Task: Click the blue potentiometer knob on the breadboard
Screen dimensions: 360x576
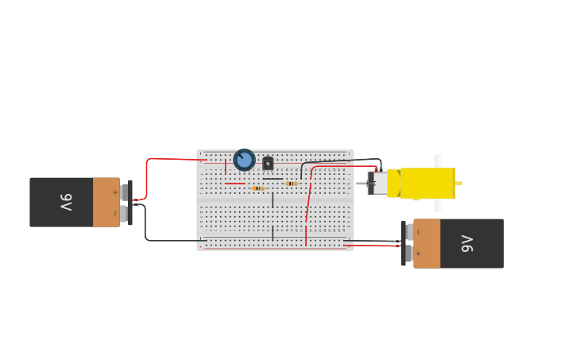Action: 244,160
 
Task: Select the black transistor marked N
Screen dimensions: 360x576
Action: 268,163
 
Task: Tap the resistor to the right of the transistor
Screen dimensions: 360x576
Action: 292,184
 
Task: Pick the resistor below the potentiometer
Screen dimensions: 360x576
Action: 258,188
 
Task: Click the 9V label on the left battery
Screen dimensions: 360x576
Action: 66,203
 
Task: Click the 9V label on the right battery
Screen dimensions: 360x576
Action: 467,243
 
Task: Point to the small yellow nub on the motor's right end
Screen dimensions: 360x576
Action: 458,184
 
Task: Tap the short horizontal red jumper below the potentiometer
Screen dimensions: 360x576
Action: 234,184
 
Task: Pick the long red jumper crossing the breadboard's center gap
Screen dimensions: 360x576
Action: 308,203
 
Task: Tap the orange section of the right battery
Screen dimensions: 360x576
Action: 427,243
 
